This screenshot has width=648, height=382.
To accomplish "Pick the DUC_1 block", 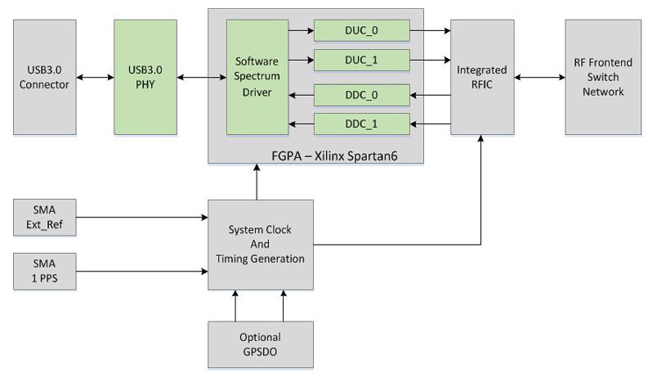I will click(x=361, y=60).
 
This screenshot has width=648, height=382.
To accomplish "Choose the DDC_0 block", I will click(x=361, y=95).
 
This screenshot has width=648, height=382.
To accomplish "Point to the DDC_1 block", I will click(x=361, y=124).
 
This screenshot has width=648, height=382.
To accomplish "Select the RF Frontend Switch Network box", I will click(x=603, y=77).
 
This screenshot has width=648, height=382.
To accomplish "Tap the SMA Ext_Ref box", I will click(x=45, y=217).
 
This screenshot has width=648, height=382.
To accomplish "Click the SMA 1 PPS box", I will click(x=45, y=269).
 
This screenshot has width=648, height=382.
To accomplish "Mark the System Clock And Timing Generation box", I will click(x=260, y=244).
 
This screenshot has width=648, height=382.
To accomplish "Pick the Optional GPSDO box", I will click(x=260, y=343).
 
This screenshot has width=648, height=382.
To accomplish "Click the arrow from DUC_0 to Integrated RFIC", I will click(x=430, y=31).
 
